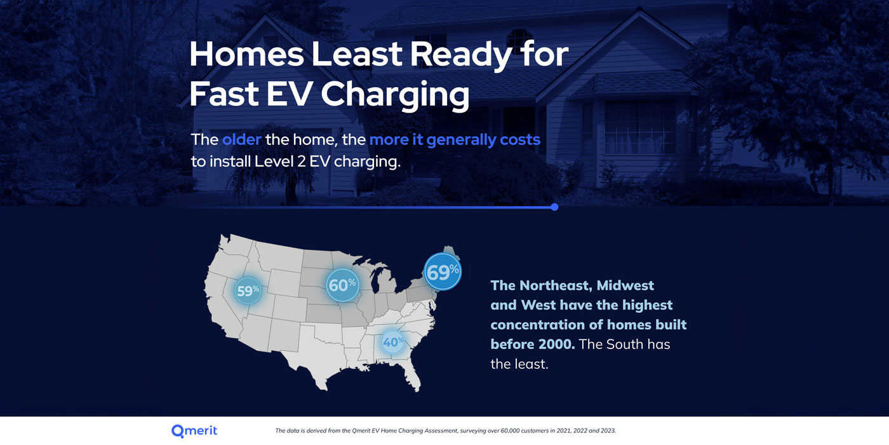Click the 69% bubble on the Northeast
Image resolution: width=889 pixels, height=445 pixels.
pos(443,272)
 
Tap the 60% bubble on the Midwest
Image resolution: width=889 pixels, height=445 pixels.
pos(342,285)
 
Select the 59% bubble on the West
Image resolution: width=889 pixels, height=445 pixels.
pos(248,291)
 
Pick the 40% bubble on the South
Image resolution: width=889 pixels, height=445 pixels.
pos(393,342)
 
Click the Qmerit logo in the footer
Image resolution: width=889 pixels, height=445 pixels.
pos(194,431)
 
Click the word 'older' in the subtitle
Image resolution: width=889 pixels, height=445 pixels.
pos(242,139)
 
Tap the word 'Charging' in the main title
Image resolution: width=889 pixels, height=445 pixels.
pos(395,95)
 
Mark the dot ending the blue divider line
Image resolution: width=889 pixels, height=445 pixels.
pos(554,207)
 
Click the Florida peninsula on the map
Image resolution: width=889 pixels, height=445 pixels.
pos(411,374)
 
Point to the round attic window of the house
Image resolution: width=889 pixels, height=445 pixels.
pos(519,39)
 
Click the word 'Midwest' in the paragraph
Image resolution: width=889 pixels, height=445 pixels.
pos(625,285)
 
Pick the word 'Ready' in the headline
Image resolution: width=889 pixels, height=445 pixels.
pos(460,55)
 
